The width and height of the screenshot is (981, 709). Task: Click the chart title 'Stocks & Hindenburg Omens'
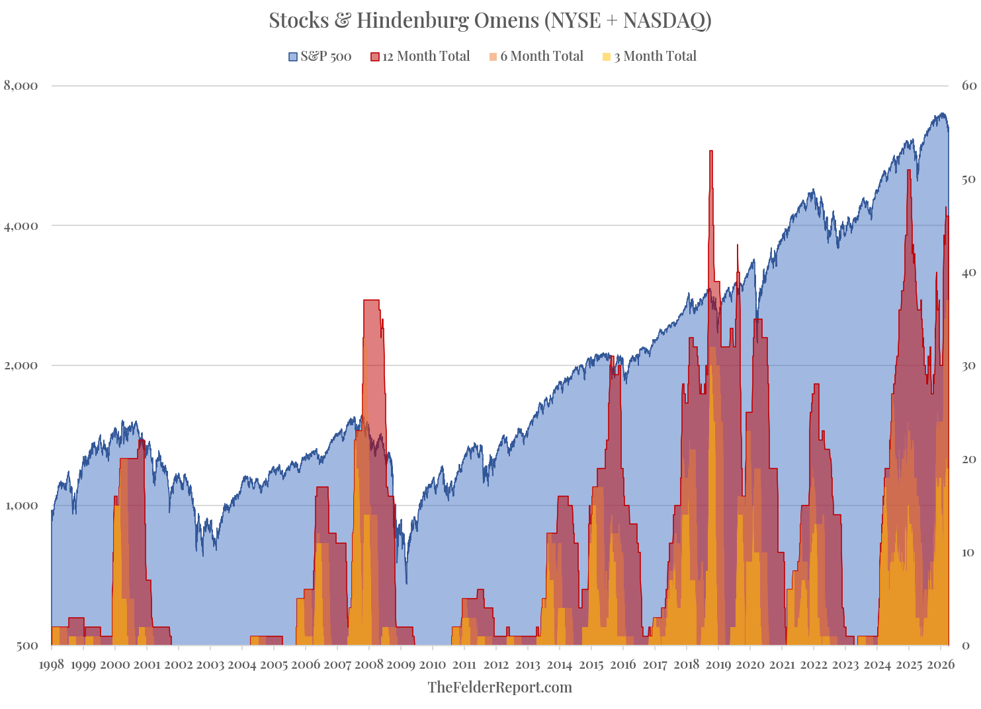click(490, 20)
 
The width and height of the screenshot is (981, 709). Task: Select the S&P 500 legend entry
click(320, 57)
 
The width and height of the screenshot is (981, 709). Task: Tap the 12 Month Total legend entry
click(421, 57)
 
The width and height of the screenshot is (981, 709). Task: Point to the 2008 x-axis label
click(368, 665)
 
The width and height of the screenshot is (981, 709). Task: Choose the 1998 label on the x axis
click(52, 665)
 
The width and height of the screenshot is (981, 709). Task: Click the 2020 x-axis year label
click(750, 665)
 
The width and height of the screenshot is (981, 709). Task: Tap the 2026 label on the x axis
click(941, 665)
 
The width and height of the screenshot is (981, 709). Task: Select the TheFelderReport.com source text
click(499, 687)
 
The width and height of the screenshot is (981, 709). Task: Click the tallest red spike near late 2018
click(711, 152)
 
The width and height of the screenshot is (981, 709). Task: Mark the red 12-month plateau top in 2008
click(371, 301)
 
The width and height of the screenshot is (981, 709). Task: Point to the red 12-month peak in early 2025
click(909, 170)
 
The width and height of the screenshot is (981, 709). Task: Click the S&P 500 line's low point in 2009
click(406, 583)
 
